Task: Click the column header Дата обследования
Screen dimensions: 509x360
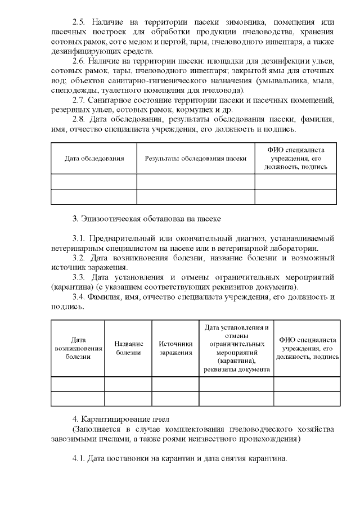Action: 94,159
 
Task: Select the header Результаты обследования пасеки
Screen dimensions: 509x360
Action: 195,159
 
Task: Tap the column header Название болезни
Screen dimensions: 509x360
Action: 129,348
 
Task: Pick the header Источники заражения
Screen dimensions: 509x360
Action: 175,348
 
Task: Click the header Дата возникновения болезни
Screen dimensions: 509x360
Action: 78,348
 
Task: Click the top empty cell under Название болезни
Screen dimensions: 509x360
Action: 129,384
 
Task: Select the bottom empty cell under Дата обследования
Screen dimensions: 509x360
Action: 94,197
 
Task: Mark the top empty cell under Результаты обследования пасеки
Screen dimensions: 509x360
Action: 195,182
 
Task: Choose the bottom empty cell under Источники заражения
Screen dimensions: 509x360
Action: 175,399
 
